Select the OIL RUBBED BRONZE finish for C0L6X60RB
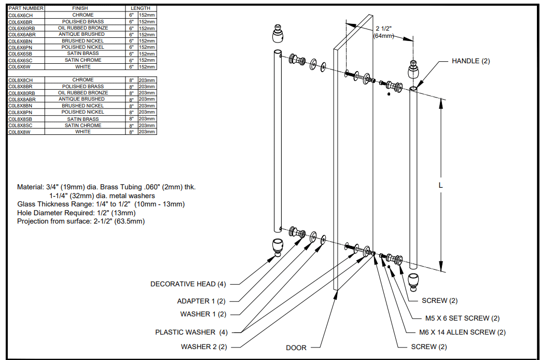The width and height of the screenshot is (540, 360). click(83, 28)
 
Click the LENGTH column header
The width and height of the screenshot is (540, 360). click(141, 8)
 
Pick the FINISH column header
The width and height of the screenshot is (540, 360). click(83, 8)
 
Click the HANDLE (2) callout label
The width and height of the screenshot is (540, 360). click(470, 61)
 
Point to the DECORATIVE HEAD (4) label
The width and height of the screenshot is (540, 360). click(188, 284)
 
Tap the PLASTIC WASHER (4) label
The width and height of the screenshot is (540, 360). click(191, 332)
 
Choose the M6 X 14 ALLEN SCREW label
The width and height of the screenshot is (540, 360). click(462, 332)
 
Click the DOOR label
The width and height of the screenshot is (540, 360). click(296, 348)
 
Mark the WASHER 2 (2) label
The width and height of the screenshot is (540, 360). click(204, 347)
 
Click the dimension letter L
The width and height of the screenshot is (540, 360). click(440, 184)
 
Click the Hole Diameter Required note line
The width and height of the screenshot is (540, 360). click(76, 213)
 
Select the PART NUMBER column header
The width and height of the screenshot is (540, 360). click(26, 8)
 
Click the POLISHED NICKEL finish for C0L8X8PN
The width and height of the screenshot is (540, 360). click(83, 112)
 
